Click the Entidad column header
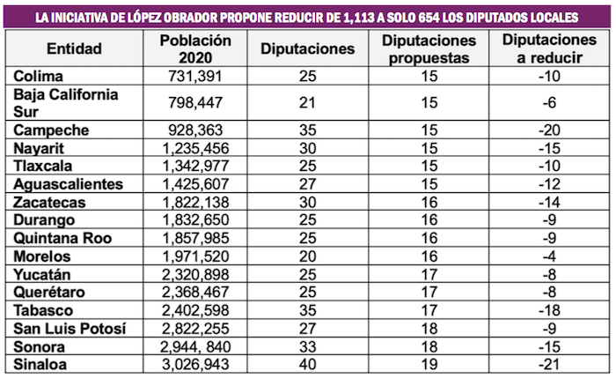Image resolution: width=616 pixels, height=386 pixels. click(x=74, y=49)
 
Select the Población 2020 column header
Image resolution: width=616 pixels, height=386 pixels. click(x=195, y=49)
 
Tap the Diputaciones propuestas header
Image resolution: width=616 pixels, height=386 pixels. click(x=429, y=49)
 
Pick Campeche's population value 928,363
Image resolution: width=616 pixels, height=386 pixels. click(x=195, y=129)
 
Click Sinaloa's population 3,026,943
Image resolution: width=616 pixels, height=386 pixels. click(x=195, y=362)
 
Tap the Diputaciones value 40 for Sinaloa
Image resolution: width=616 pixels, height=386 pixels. click(x=307, y=362)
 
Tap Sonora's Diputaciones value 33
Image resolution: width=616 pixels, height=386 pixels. click(x=307, y=345)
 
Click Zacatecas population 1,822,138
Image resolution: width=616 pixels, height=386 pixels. click(x=195, y=202)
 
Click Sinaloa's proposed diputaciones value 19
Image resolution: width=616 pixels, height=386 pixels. click(x=429, y=362)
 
